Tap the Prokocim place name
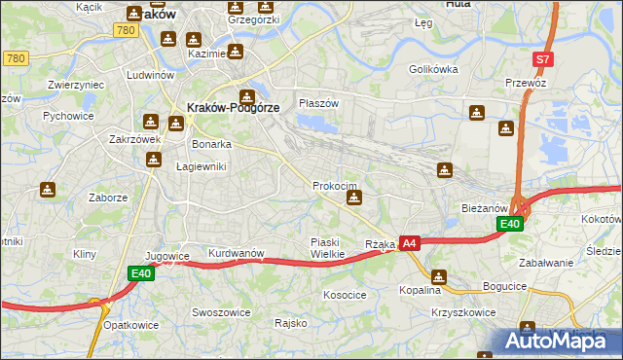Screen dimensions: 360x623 (335, 185)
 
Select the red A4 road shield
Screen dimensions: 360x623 (410, 243)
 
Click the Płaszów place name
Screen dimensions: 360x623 (318, 103)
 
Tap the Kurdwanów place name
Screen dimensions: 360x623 (237, 253)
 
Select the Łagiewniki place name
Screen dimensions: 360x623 (201, 166)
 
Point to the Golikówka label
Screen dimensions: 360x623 (433, 69)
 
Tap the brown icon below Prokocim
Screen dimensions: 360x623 (354, 198)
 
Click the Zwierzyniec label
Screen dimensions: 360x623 (76, 85)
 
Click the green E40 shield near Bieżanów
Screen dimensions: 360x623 (510, 224)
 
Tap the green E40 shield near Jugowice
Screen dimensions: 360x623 (142, 274)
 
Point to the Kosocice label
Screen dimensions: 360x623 (345, 293)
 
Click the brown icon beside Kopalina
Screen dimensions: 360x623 (438, 277)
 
